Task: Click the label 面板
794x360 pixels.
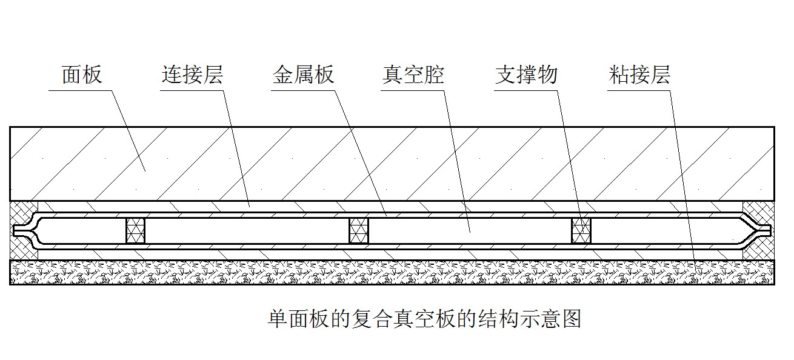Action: tap(82, 75)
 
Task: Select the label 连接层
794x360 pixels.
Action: tap(192, 75)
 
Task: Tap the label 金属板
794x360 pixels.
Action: tap(303, 75)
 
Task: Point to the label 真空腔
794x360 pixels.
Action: tap(413, 75)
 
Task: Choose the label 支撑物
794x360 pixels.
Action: tap(525, 75)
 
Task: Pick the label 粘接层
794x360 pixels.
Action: tap(639, 75)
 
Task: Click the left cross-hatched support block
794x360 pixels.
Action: tap(135, 230)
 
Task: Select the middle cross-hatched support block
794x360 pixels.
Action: tap(359, 230)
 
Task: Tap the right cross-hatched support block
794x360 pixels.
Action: tap(582, 230)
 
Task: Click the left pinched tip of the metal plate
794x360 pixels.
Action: tap(19, 230)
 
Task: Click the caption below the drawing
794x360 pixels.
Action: tap(424, 318)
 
